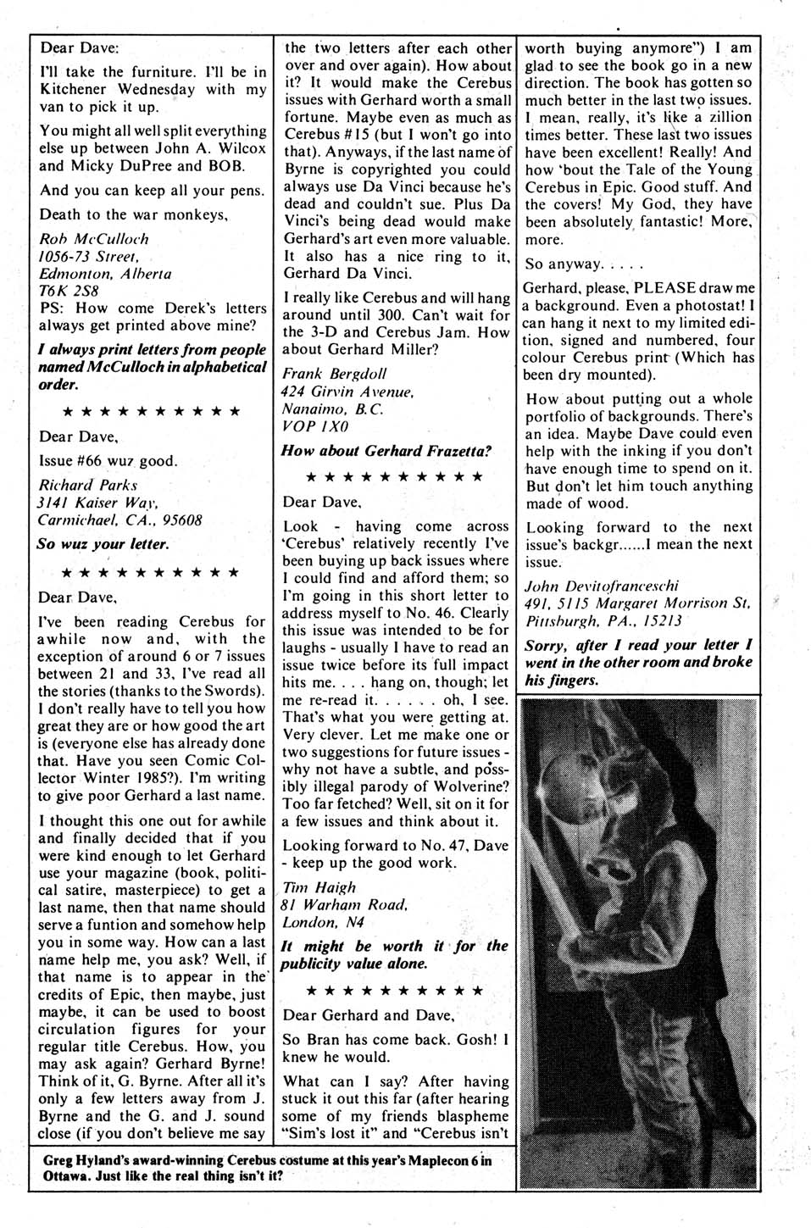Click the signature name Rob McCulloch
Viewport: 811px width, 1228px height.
click(x=94, y=239)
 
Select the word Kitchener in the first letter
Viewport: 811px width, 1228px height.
click(x=76, y=89)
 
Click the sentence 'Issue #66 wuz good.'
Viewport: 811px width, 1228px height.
click(x=108, y=461)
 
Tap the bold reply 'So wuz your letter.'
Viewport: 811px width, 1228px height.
click(x=103, y=544)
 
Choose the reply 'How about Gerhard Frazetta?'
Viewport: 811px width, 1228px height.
click(x=386, y=451)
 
